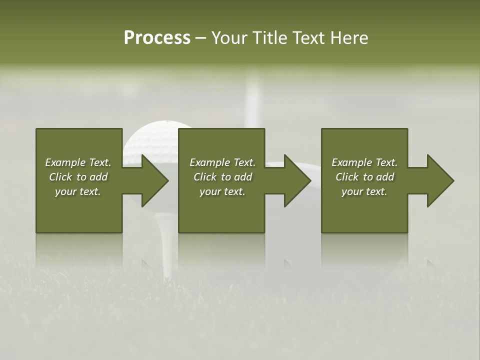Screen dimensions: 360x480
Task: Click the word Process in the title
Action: [x=157, y=38]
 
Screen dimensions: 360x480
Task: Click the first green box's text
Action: [x=78, y=177]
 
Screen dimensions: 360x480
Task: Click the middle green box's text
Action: [x=222, y=177]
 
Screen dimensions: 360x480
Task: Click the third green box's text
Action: [x=364, y=177]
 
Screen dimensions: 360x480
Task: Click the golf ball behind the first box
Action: [x=150, y=138]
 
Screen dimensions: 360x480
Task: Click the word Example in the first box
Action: [x=65, y=162]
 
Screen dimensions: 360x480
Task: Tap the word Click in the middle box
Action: [x=205, y=177]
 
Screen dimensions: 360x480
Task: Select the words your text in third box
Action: [x=364, y=191]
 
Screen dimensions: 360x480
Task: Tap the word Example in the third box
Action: [x=351, y=162]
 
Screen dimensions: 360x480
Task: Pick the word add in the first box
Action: [x=98, y=177]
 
